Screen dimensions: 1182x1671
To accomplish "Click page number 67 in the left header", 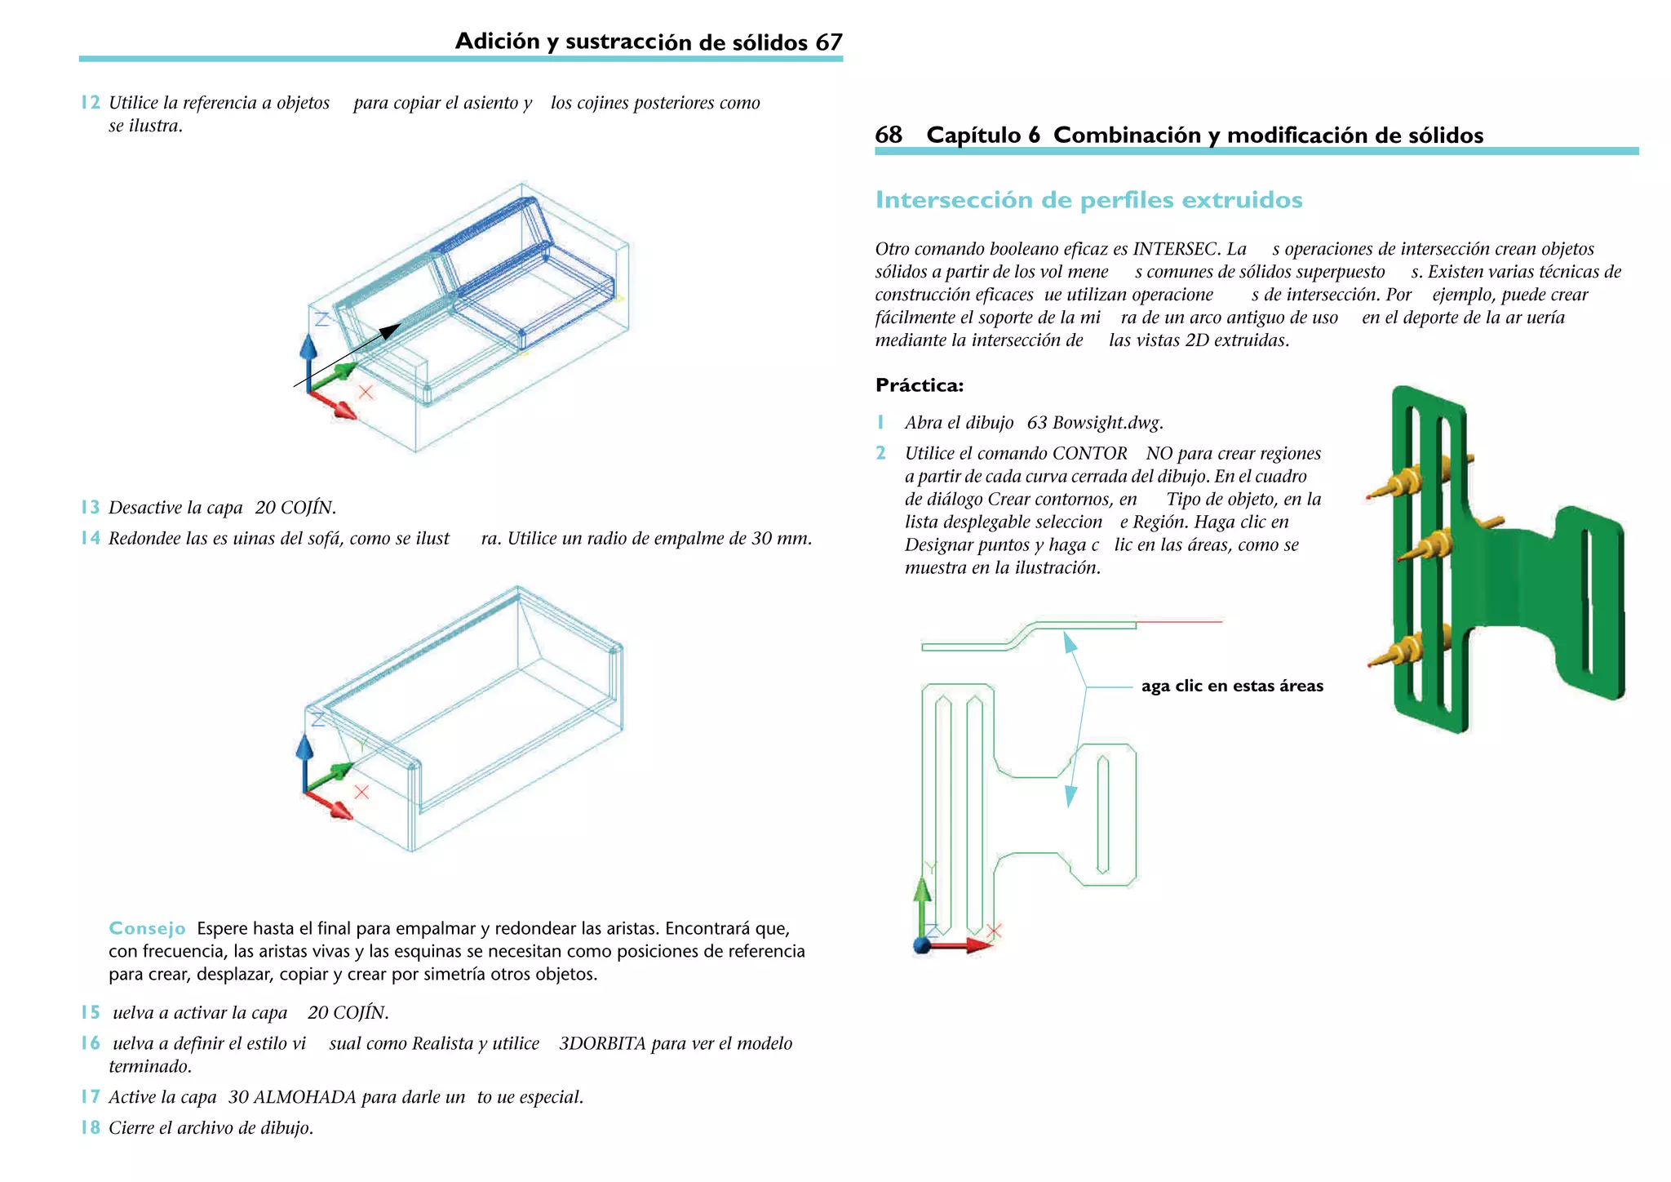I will (828, 42).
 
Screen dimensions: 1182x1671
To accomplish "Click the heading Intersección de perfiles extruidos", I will (1088, 200).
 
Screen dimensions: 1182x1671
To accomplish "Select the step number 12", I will (90, 103).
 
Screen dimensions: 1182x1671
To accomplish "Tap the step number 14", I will (90, 538).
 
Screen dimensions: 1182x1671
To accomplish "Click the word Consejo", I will (147, 928).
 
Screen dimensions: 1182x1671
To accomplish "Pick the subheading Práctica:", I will (919, 385).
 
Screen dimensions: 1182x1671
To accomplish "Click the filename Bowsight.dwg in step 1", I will (1107, 423).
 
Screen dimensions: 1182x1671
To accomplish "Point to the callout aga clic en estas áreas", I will (1231, 686).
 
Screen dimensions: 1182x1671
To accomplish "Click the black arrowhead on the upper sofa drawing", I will (391, 331).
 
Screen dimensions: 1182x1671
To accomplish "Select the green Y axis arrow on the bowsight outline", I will (922, 898).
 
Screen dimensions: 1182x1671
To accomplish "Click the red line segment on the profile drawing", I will (1179, 622).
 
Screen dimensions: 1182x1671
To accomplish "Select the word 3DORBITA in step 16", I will (602, 1043).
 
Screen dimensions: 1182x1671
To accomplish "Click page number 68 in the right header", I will (889, 135).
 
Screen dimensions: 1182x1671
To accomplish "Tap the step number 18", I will (90, 1128).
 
